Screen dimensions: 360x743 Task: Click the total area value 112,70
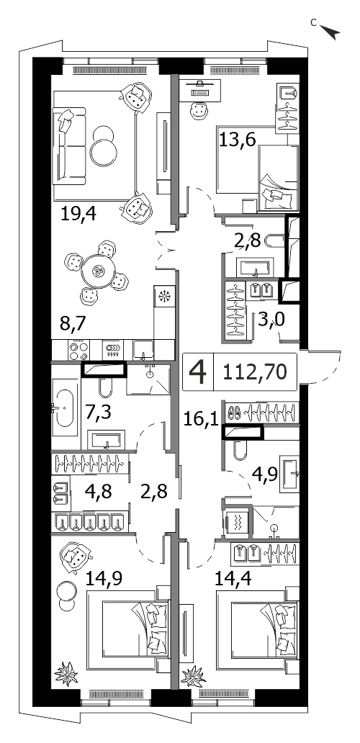[256, 372]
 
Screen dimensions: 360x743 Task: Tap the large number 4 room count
[198, 373]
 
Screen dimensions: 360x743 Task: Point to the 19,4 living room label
[78, 215]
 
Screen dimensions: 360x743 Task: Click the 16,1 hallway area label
[201, 418]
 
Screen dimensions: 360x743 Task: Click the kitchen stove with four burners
[78, 351]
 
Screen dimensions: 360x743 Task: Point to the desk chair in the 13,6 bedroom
[199, 111]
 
